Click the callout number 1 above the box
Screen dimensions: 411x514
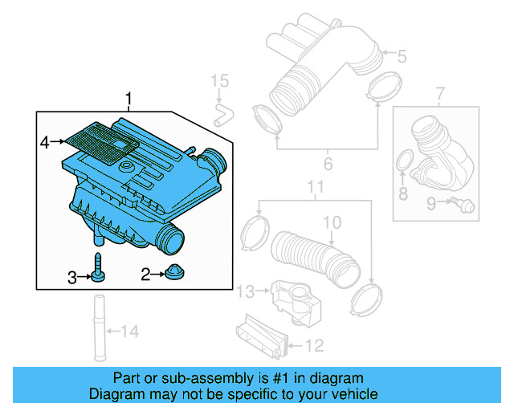[128, 99]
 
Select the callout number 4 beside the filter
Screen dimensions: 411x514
[45, 142]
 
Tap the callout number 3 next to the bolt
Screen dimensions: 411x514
[71, 278]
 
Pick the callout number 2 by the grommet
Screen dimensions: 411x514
[145, 275]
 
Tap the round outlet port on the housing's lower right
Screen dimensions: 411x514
[172, 237]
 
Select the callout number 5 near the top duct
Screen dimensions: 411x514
[402, 55]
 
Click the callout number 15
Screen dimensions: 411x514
[219, 80]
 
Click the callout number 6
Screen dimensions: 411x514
[328, 165]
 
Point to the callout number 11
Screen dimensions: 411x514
[316, 189]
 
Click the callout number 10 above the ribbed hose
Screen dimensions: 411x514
[332, 221]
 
